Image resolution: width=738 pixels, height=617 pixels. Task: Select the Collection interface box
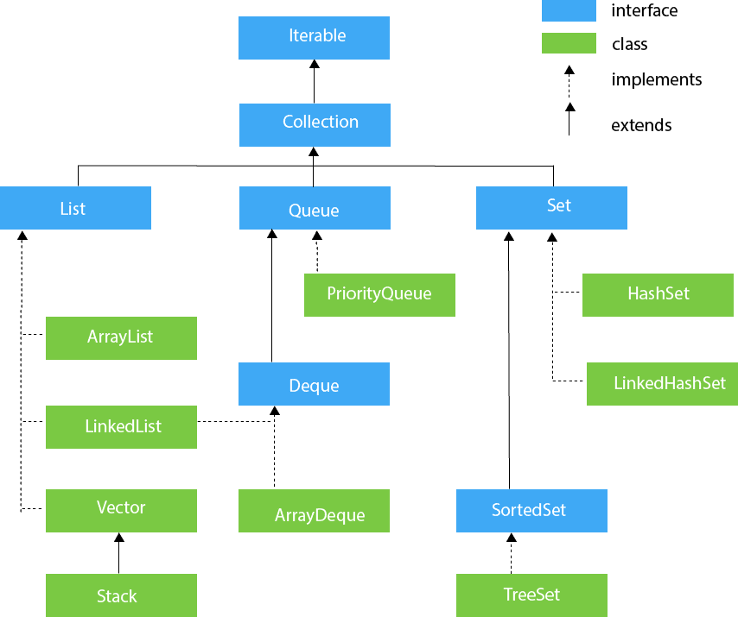(x=314, y=124)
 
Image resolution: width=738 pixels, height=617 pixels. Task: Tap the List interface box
(x=75, y=208)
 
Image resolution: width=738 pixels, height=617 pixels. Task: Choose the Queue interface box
(x=314, y=208)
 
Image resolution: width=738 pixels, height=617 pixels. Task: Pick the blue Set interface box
(x=551, y=208)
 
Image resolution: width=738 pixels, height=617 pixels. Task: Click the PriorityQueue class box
(x=379, y=295)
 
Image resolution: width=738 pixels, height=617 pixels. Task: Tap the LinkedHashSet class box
(x=661, y=383)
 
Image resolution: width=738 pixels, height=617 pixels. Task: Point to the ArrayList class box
(x=121, y=337)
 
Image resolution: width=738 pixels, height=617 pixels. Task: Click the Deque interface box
(x=314, y=384)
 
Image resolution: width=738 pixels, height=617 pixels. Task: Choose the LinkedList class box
(x=121, y=426)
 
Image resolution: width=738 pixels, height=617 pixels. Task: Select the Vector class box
(x=121, y=510)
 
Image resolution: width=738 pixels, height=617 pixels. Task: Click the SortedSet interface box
(x=531, y=511)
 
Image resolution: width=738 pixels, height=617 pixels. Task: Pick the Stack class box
(x=121, y=595)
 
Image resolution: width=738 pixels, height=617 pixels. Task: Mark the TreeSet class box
(x=531, y=595)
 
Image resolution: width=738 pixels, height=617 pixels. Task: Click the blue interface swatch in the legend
(x=569, y=11)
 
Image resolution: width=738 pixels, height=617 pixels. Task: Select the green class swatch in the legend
(x=569, y=43)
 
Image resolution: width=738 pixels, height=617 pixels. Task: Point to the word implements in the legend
(x=656, y=80)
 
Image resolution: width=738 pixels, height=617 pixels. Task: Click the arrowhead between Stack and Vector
(x=119, y=538)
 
